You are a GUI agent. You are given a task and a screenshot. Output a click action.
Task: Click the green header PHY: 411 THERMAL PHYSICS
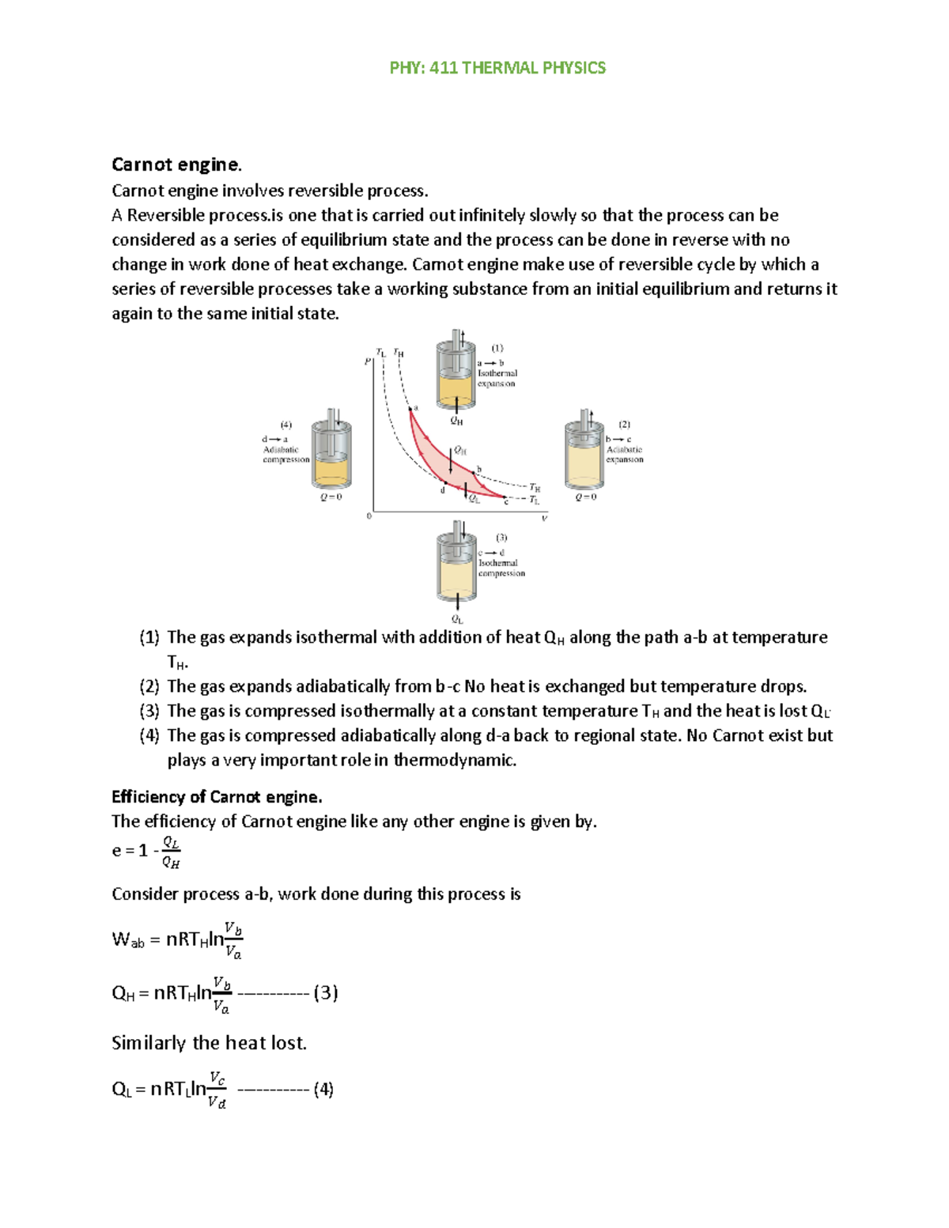497,68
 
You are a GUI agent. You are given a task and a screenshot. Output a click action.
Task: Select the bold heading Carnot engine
176,164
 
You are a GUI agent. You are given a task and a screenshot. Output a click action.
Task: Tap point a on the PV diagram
410,409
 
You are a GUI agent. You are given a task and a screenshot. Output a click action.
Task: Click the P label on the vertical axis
367,361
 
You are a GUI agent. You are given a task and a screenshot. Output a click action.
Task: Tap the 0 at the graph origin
369,516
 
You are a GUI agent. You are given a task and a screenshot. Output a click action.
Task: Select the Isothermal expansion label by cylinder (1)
497,378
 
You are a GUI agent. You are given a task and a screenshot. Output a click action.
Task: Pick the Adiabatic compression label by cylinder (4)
285,455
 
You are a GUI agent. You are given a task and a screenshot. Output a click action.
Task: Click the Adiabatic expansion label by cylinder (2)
624,455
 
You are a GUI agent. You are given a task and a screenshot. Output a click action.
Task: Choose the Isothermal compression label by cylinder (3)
501,569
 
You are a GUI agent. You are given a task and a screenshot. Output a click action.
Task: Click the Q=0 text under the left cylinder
331,497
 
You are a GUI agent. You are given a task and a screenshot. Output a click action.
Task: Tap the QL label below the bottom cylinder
457,620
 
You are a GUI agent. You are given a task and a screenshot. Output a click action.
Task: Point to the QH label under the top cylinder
456,421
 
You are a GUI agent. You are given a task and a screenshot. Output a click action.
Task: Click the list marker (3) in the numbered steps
149,711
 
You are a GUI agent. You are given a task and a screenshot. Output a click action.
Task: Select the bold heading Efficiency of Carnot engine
217,796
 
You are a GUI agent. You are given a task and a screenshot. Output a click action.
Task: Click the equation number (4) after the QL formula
323,1090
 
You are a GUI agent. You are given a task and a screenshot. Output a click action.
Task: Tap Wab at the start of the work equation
128,940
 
